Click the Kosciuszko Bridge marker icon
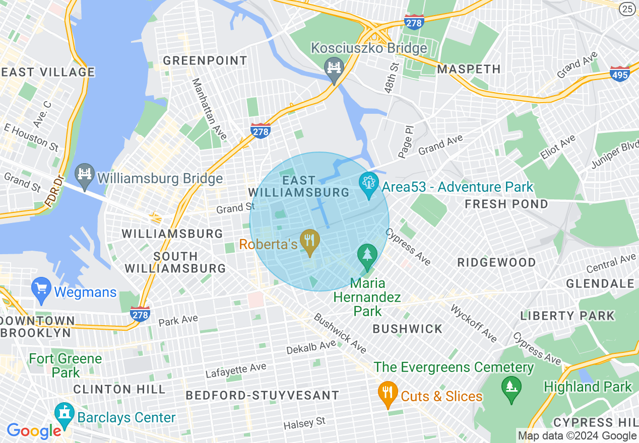(x=334, y=68)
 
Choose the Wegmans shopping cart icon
(x=41, y=288)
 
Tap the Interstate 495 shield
(x=619, y=73)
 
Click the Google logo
(x=34, y=431)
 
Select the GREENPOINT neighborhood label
(x=205, y=61)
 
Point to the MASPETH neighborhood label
(x=469, y=69)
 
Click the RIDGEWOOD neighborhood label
(x=496, y=262)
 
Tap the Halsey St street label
(x=304, y=423)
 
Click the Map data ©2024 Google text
(x=577, y=436)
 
